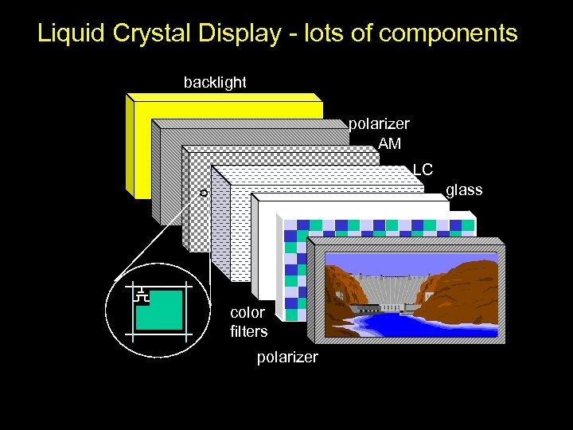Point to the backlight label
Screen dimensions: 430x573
click(215, 82)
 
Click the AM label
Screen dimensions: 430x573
click(390, 143)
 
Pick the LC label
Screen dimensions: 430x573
click(423, 170)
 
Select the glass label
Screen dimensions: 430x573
click(464, 190)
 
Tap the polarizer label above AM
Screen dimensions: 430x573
click(379, 124)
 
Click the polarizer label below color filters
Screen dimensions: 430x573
click(287, 357)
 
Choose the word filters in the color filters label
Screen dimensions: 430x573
click(248, 331)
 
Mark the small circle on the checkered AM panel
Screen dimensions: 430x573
click(203, 193)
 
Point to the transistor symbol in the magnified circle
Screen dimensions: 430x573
click(142, 295)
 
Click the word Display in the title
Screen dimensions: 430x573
click(240, 33)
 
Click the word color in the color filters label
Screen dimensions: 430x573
click(247, 312)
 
